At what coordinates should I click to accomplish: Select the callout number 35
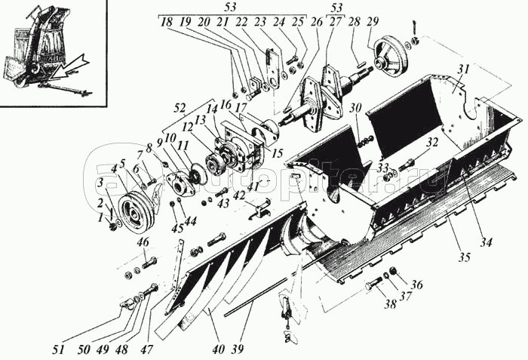pos(464,257)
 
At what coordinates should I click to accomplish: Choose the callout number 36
pos(418,285)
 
